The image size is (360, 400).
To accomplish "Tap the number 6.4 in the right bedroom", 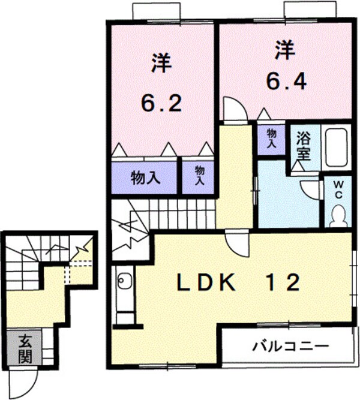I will [287, 81].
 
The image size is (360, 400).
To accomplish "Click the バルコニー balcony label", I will [290, 346].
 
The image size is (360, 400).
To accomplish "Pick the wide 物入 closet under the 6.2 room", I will [145, 178].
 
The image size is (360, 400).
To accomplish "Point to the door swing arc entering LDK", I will [238, 243].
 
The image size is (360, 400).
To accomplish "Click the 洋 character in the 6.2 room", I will [159, 64].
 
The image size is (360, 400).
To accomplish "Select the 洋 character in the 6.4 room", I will [286, 49].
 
